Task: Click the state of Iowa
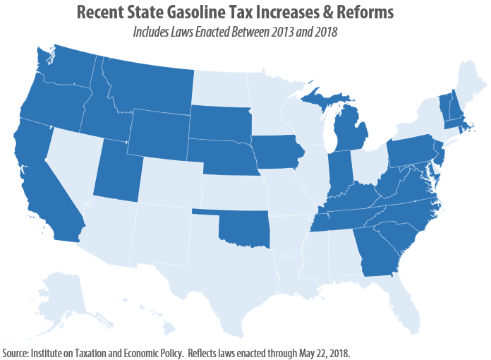tap(279, 152)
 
